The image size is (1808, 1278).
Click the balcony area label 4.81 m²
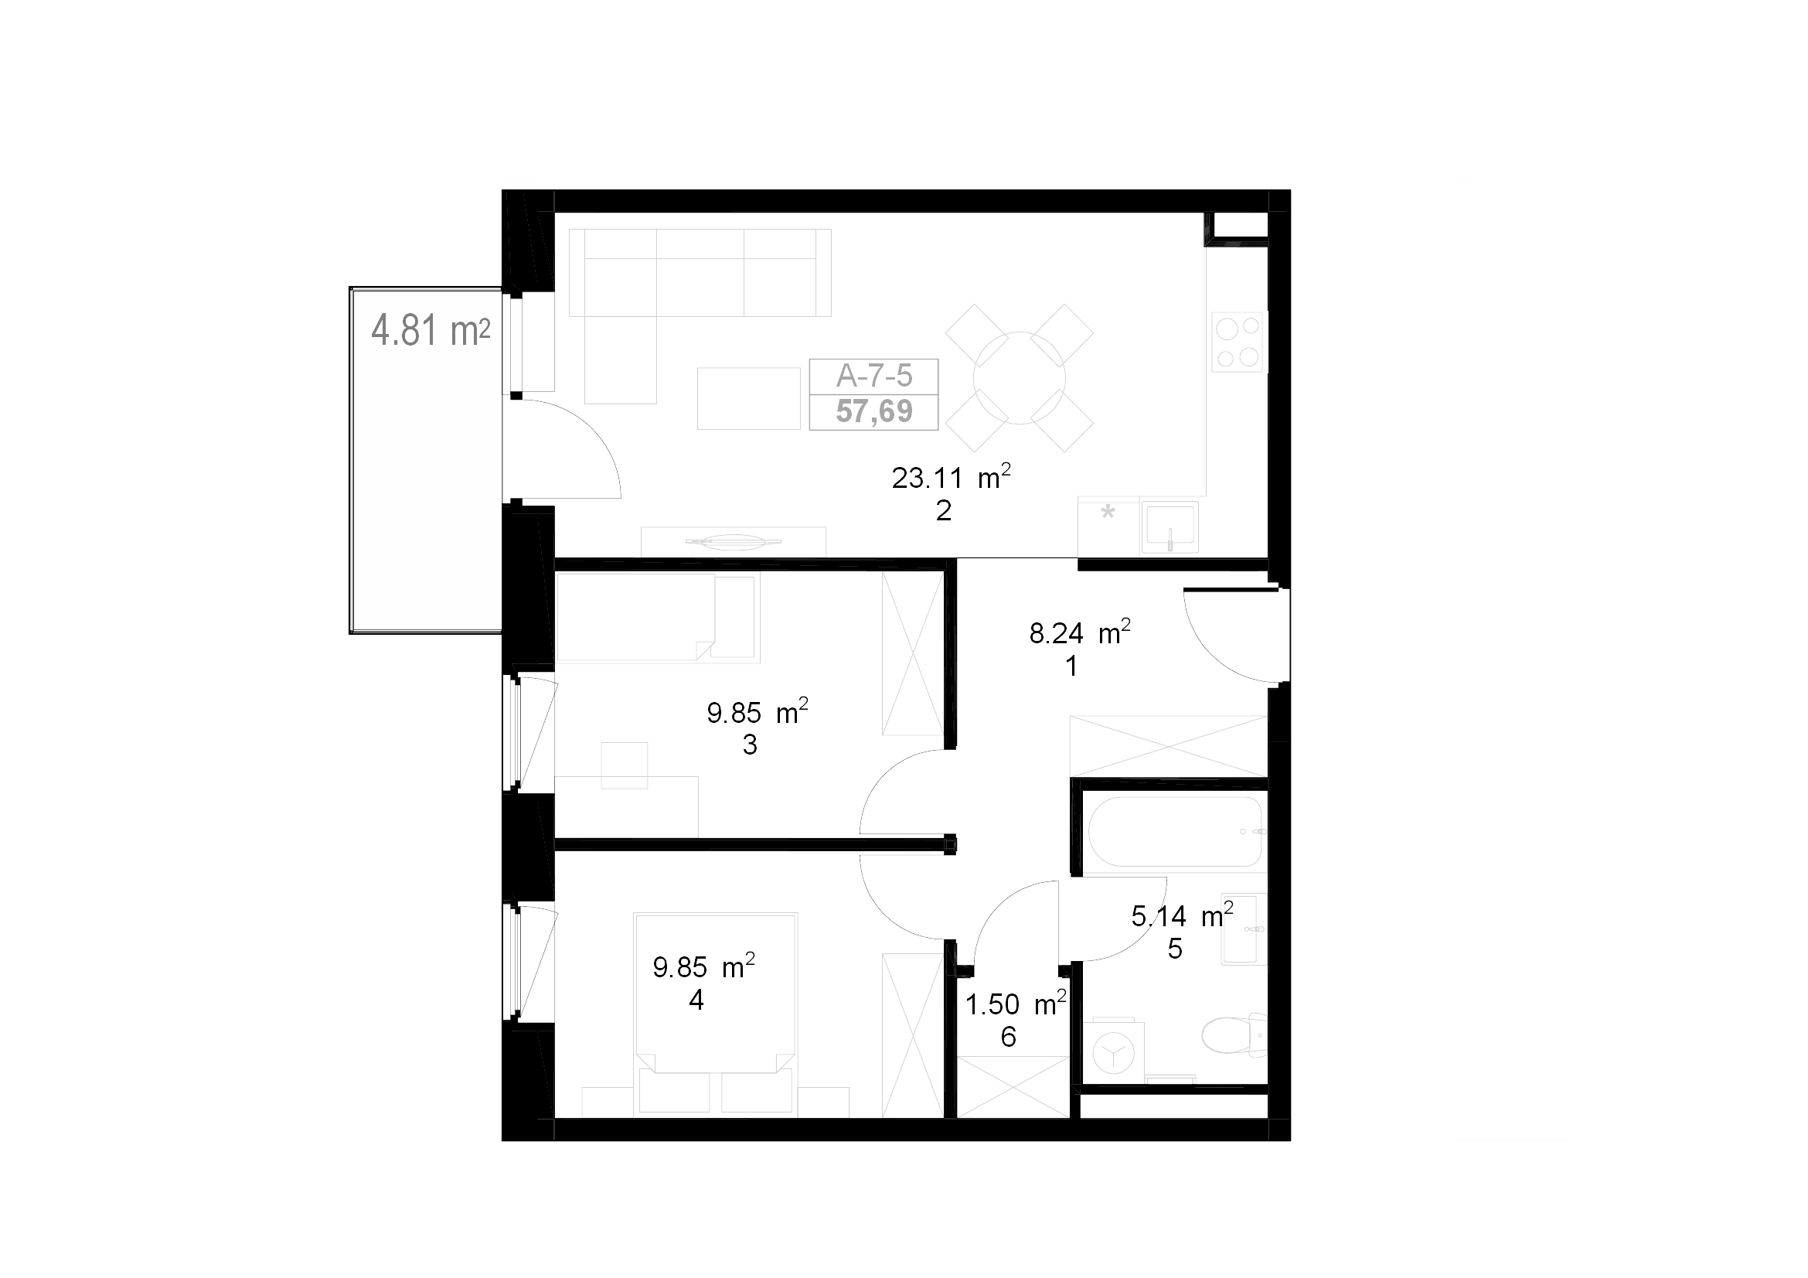coord(430,330)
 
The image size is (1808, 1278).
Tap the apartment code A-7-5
coord(874,377)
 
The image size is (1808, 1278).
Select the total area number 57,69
coord(874,411)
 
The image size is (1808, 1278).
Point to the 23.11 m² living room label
coord(952,477)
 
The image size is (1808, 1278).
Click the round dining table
coord(1019,378)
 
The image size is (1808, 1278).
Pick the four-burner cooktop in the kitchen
coord(1237,342)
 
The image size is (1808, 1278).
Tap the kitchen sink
coord(1170,526)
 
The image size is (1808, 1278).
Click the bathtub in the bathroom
coord(1176,832)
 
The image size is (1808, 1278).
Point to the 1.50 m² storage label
coord(1016,1004)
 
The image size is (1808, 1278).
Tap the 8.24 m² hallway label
coord(1081,632)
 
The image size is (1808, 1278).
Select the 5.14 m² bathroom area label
coord(1182,915)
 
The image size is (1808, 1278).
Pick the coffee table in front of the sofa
coord(748,398)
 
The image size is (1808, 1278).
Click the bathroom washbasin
coord(1244,929)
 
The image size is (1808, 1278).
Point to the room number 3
coord(750,745)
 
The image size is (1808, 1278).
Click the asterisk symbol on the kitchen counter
coord(1108,513)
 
